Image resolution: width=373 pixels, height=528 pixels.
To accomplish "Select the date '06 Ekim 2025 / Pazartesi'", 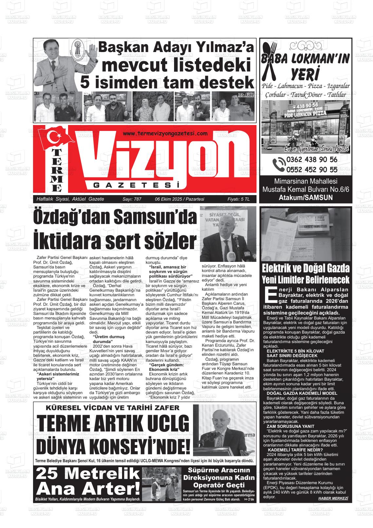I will pos(179,199).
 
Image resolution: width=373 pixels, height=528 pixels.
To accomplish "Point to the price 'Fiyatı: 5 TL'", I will pos(238,199).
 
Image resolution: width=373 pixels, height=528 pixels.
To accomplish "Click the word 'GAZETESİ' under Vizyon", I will pos(137,186).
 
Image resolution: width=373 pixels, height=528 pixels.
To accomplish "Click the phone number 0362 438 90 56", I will pos(312,160).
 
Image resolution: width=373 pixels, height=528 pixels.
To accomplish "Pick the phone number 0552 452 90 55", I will pos(312,169).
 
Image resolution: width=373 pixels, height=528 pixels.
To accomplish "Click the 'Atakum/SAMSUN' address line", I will pos(306,197).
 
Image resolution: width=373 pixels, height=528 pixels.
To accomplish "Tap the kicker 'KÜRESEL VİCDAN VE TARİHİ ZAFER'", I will pos(113,408).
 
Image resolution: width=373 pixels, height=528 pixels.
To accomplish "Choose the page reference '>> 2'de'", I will pos(248,500).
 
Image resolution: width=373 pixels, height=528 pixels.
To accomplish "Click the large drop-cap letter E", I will pos(270,295).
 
